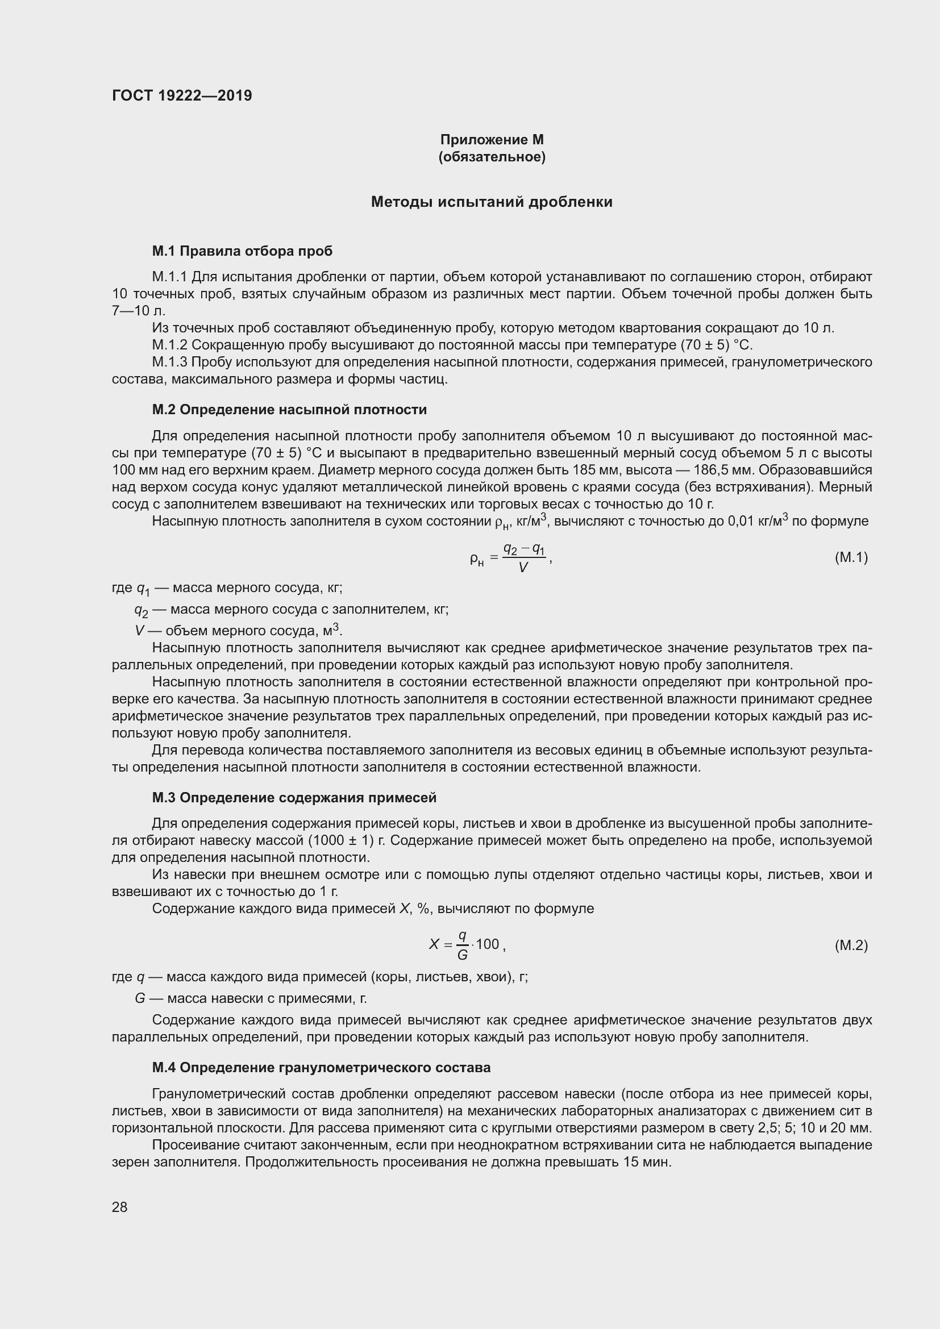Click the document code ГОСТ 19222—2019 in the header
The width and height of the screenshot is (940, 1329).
click(182, 95)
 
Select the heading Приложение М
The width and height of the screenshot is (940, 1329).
click(492, 140)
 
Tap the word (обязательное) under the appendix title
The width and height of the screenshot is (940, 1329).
click(492, 157)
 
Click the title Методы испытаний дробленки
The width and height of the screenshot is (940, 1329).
click(492, 202)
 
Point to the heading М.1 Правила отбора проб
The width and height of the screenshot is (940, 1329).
click(242, 251)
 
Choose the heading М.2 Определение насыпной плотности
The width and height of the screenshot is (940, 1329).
click(289, 409)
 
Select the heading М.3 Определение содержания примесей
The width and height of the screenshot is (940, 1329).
click(294, 798)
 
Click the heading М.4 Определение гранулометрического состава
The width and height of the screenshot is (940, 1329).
click(321, 1068)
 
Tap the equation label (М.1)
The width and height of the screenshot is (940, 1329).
click(851, 557)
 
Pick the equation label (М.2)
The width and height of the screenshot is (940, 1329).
click(851, 945)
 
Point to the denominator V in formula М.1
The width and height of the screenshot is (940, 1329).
click(523, 568)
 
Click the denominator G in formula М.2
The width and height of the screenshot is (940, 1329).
click(463, 955)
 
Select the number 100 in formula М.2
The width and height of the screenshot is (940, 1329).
click(488, 945)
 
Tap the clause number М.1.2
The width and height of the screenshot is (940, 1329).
click(169, 345)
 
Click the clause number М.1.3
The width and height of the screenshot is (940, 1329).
click(169, 363)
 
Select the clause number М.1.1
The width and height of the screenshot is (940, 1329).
click(169, 277)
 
